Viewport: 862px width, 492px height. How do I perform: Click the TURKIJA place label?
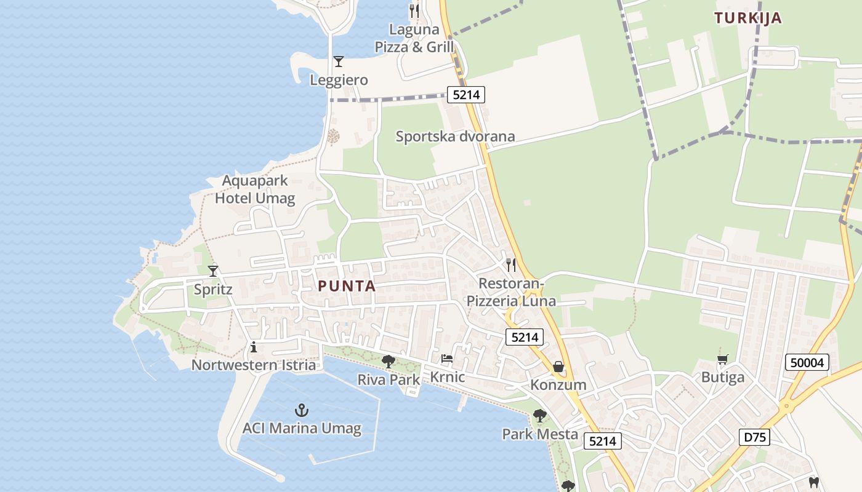[x=748, y=18]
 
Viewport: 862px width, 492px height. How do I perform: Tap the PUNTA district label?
[x=347, y=286]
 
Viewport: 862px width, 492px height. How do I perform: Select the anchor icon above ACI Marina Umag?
[x=302, y=410]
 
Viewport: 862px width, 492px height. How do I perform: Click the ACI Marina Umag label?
[x=302, y=428]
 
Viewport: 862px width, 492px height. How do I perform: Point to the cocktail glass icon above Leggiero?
[x=338, y=61]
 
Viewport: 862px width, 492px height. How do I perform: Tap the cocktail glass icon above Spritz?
[x=213, y=271]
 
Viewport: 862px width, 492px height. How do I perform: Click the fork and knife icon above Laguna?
[x=414, y=11]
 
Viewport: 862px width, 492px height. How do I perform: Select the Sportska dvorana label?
[x=455, y=136]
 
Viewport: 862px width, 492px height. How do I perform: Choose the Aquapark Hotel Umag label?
[x=255, y=189]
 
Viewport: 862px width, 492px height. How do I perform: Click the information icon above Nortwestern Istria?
[x=254, y=347]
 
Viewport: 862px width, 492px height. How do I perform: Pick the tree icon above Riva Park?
[x=388, y=362]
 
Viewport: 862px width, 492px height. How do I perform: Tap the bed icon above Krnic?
[x=447, y=359]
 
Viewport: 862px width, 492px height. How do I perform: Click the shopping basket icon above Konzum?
[x=558, y=367]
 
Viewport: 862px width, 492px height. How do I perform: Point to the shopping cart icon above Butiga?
[x=723, y=359]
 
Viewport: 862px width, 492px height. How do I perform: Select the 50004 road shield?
[x=807, y=362]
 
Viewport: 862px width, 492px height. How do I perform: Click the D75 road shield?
[x=754, y=437]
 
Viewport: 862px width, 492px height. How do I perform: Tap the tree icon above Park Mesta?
[x=540, y=416]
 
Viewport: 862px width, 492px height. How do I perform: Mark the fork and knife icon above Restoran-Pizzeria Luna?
[x=511, y=265]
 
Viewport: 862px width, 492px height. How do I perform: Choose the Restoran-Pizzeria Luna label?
[x=511, y=292]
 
